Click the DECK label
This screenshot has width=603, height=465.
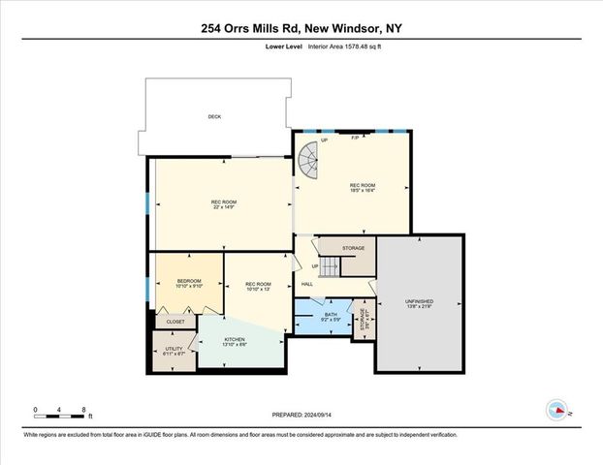(x=214, y=117)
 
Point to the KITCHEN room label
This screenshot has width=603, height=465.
(x=222, y=339)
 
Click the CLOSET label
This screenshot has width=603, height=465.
(x=175, y=321)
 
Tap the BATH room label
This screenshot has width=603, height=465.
(x=331, y=314)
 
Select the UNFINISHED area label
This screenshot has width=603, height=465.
(x=419, y=301)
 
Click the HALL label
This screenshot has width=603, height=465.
(x=306, y=283)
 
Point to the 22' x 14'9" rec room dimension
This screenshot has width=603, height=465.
(x=223, y=206)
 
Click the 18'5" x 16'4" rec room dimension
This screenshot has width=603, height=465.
(x=363, y=190)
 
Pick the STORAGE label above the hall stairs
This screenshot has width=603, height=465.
(x=353, y=248)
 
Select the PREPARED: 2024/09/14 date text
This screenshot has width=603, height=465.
(x=301, y=415)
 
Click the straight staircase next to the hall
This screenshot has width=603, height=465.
(x=332, y=265)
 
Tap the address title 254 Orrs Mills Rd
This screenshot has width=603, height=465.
(x=241, y=28)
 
